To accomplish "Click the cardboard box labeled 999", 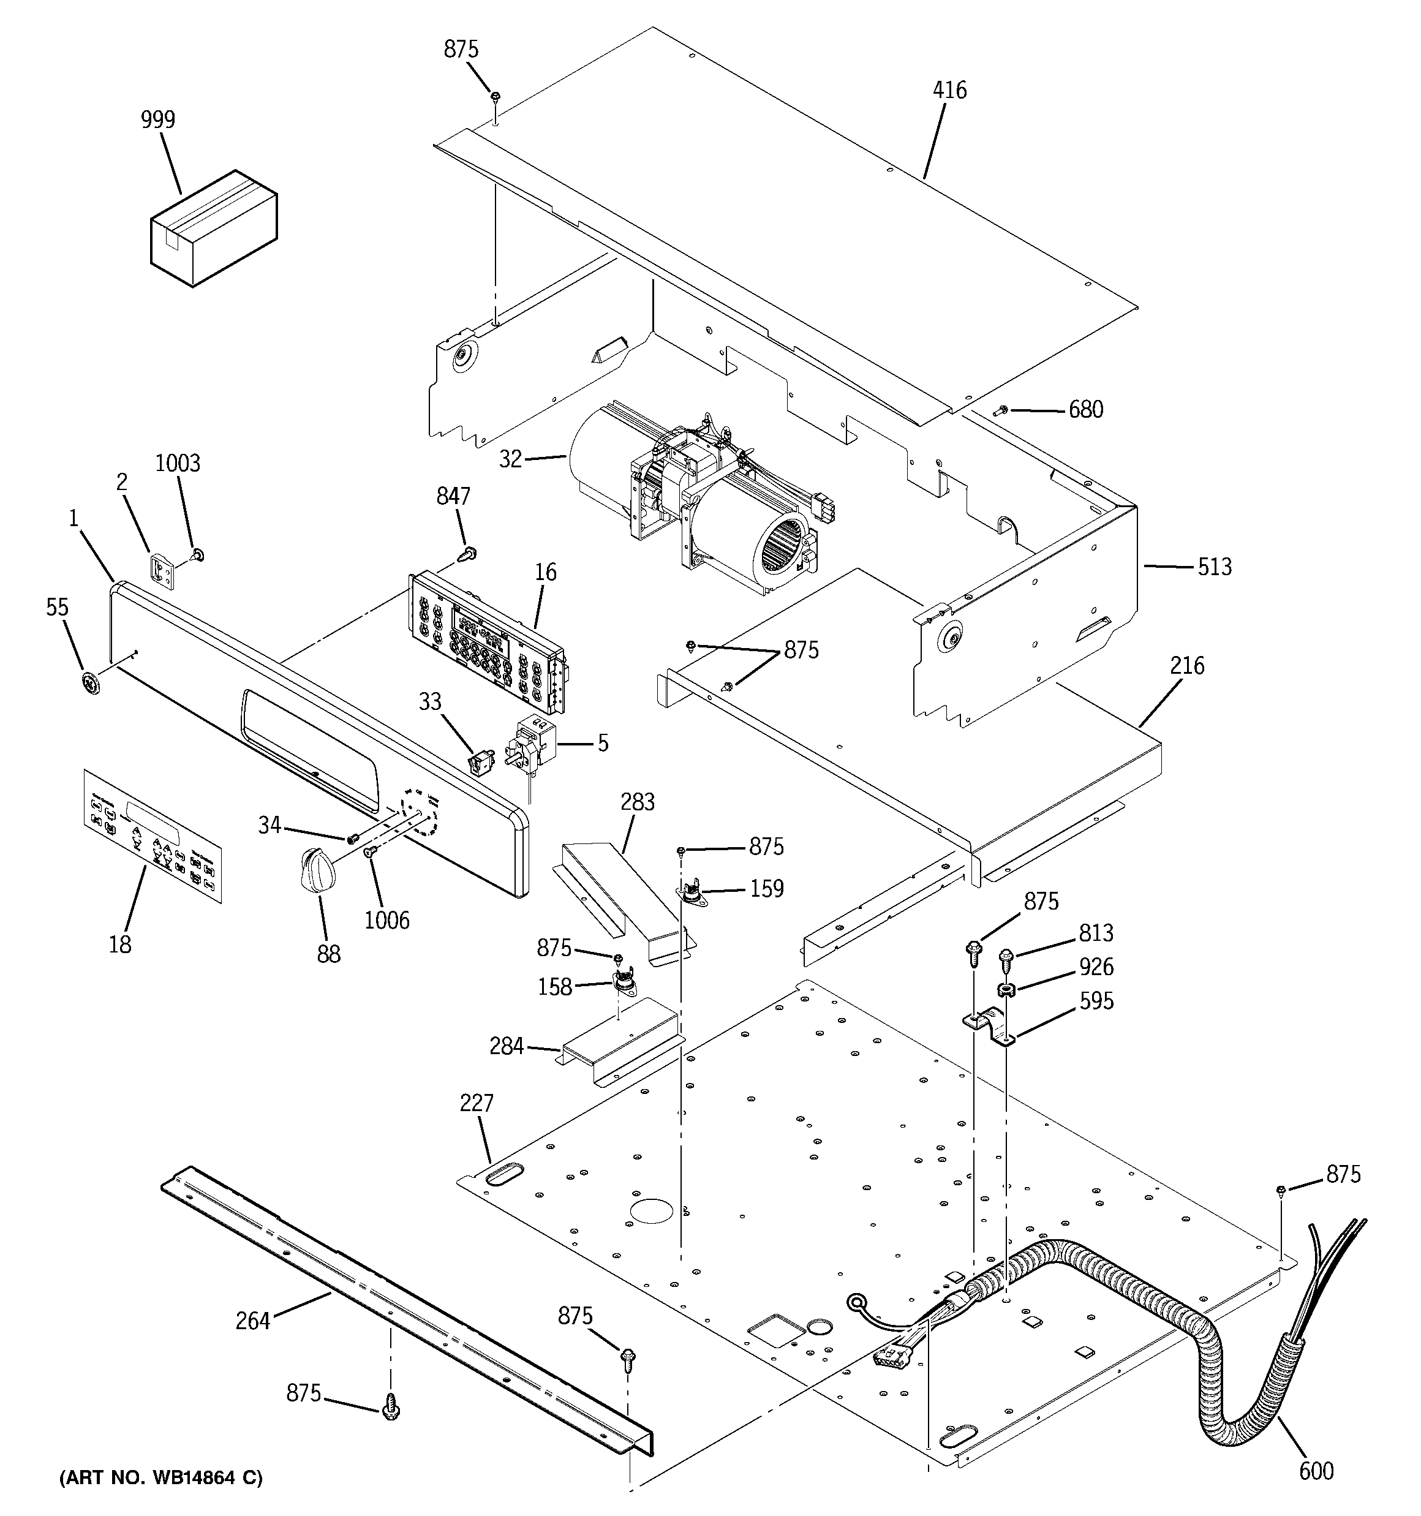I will coord(213,228).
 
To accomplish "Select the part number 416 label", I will coord(949,90).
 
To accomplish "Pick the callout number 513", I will coord(1213,566).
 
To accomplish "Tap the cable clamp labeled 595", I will coord(989,1025).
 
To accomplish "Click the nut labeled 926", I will coord(1005,991).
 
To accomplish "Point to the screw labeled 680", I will coord(1001,411).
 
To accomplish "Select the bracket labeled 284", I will coord(619,1039).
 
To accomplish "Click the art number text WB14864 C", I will coord(161,1478).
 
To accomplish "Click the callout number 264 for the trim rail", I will coord(252,1320).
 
